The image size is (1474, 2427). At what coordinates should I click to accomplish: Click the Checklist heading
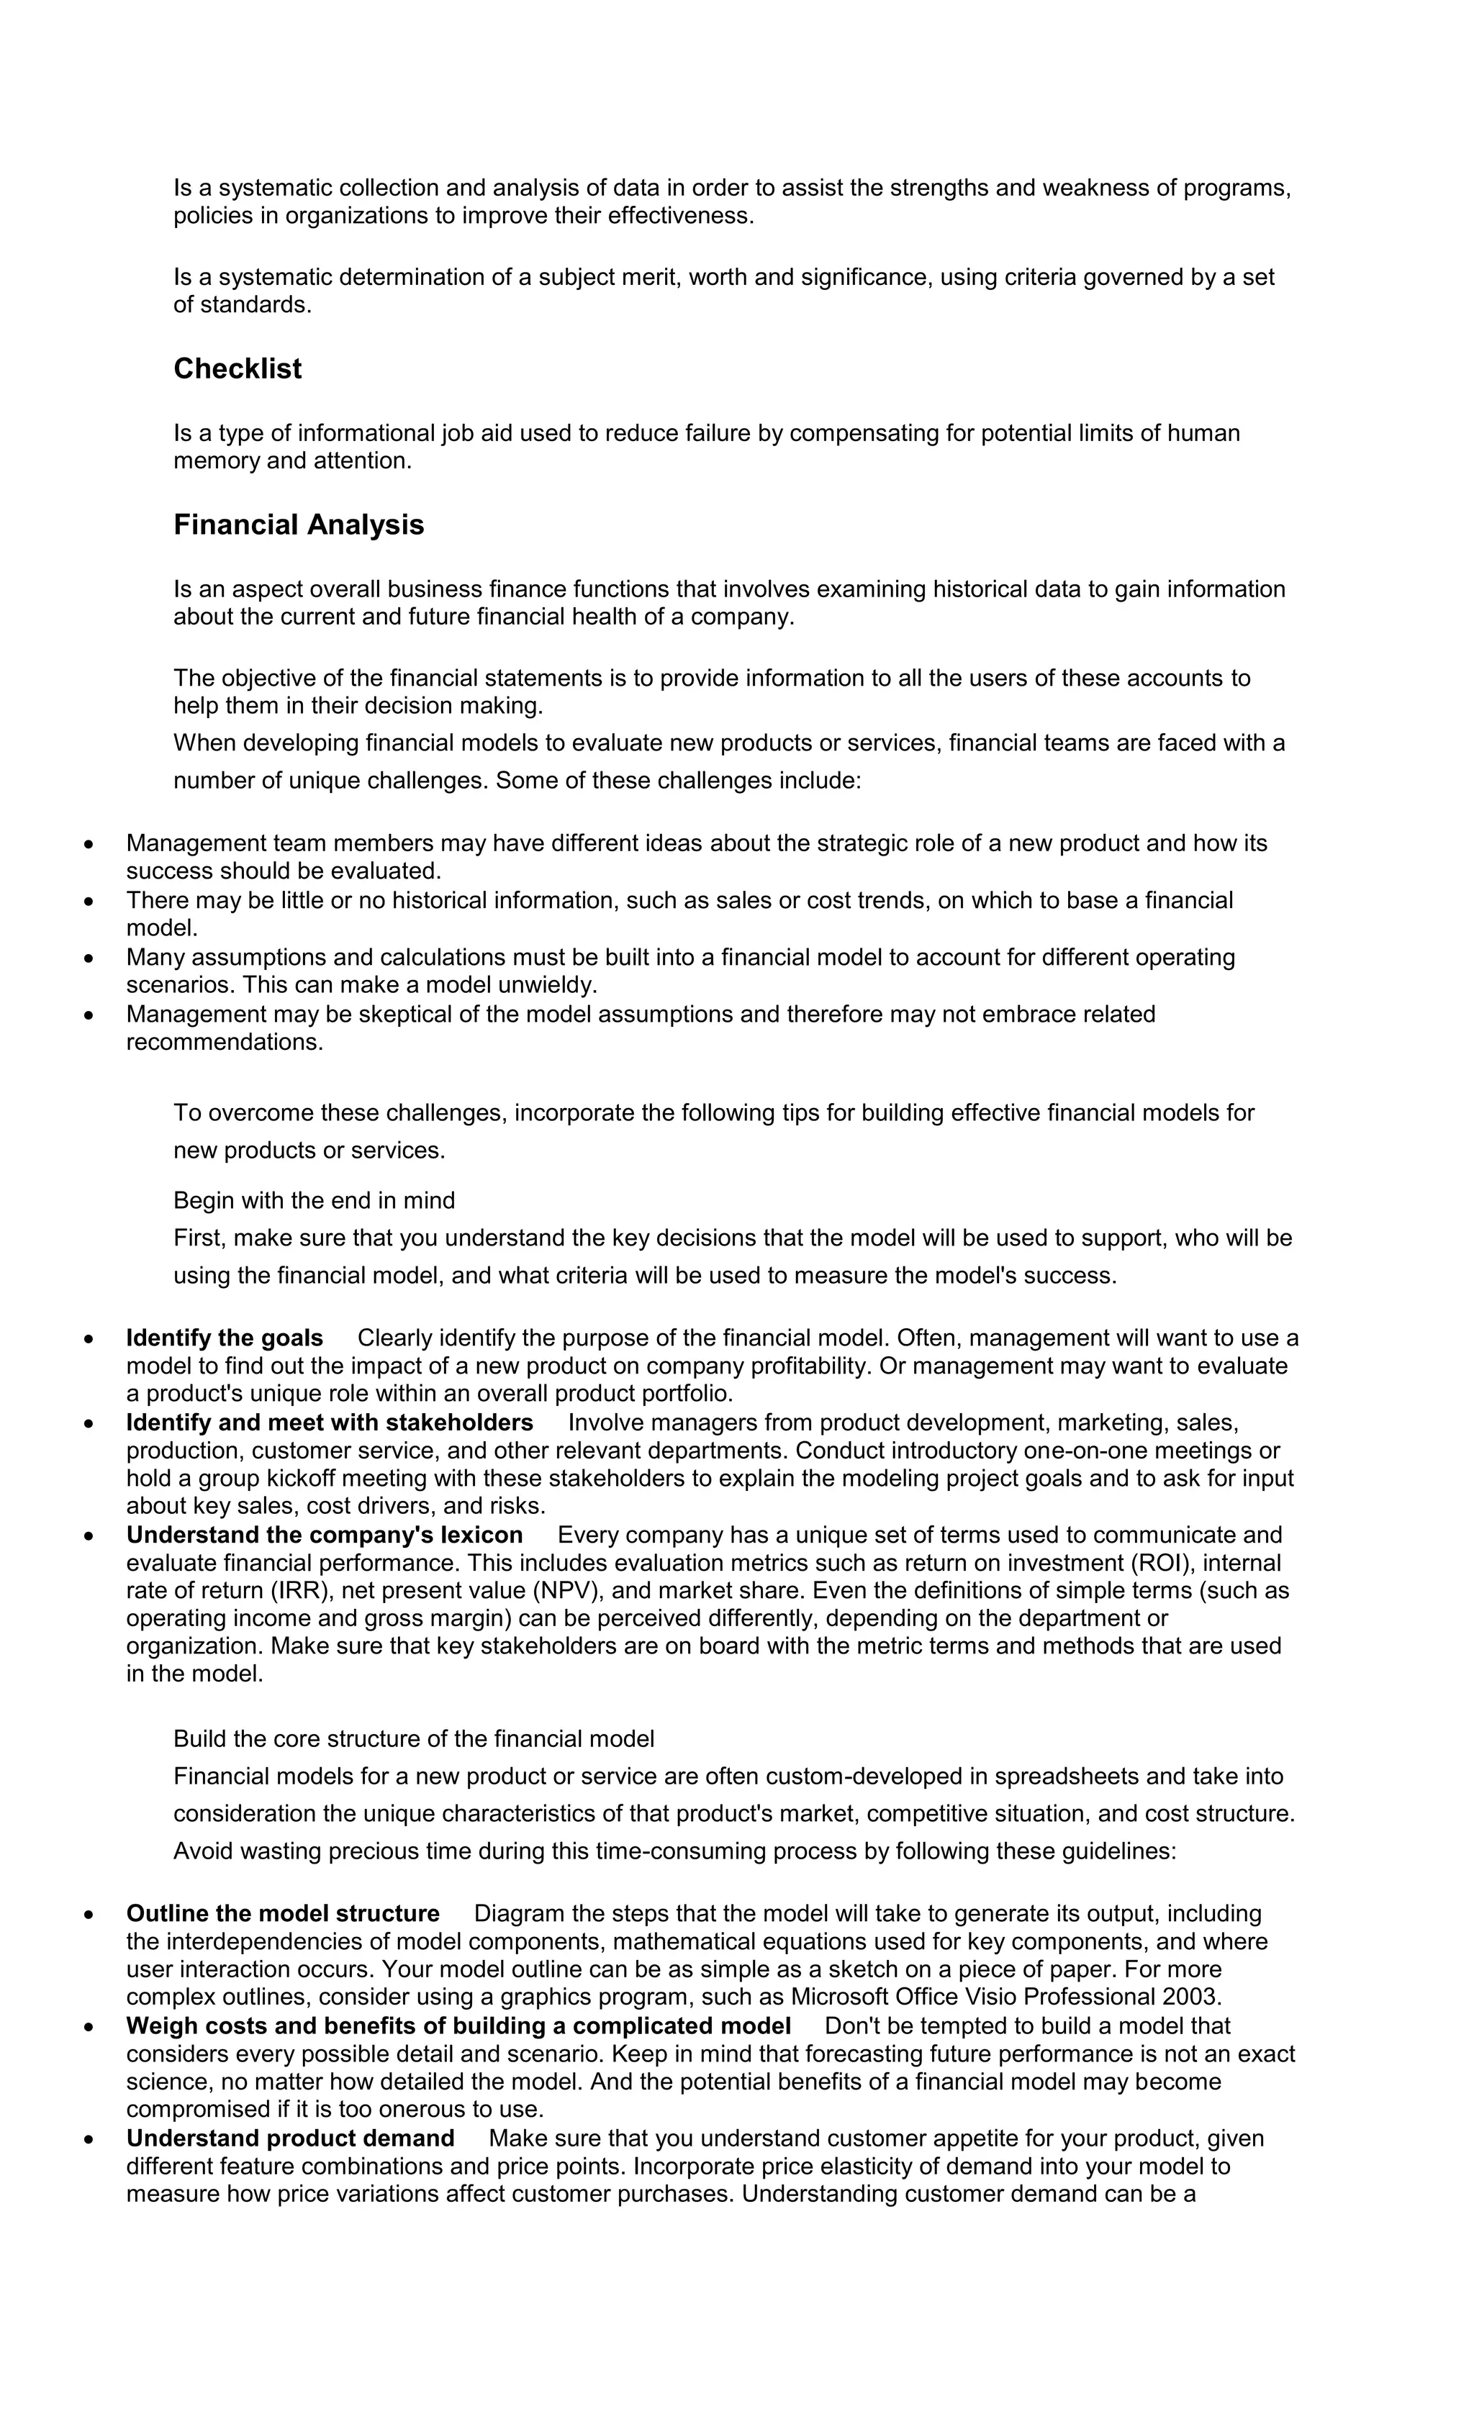238,368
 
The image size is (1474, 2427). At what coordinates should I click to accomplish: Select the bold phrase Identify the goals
225,1338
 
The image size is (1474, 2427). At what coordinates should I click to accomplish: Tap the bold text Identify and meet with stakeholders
329,1423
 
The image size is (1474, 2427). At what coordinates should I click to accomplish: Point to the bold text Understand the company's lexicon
324,1535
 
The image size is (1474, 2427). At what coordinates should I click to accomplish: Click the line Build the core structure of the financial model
413,1738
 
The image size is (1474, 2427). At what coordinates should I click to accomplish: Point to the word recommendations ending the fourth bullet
224,1041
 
